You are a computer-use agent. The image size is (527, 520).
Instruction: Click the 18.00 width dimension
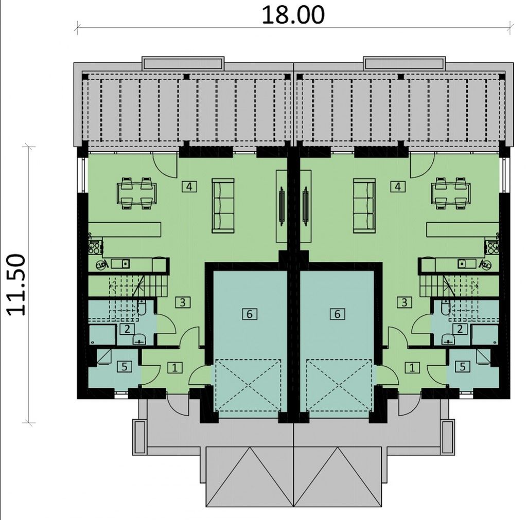293,15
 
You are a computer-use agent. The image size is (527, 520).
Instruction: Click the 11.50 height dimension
16,285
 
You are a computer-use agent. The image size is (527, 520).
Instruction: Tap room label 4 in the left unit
189,186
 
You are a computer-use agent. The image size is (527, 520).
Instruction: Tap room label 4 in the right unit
398,186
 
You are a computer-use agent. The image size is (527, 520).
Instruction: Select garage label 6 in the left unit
250,314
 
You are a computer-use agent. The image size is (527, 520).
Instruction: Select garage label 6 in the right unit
338,314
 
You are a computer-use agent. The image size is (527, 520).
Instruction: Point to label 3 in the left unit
183,302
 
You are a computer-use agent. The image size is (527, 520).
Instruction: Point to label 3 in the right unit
405,302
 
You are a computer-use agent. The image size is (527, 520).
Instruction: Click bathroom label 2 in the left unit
127,329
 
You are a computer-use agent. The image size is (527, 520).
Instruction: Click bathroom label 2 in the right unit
460,329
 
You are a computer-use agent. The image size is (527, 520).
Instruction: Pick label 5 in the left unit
125,367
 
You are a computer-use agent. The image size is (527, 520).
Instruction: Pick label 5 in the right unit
463,367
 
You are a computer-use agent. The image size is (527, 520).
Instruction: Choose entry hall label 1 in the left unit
175,368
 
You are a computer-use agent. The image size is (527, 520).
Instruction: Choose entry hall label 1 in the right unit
412,368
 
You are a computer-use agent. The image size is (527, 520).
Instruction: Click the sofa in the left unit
223,206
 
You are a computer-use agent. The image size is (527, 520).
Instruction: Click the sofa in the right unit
364,206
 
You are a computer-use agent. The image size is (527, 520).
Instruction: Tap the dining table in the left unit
136,193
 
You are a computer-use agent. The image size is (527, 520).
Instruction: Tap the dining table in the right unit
451,193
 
